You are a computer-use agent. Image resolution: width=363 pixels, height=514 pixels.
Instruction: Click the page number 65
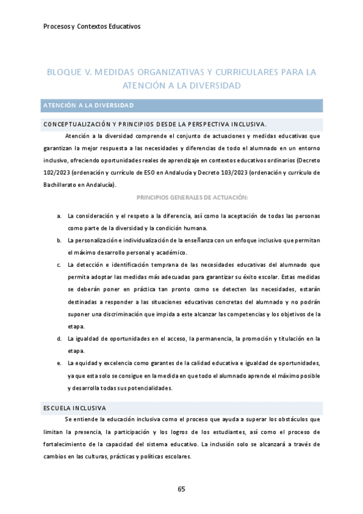click(181, 489)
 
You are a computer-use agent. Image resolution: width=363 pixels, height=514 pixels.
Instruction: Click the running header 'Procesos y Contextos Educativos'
click(92, 26)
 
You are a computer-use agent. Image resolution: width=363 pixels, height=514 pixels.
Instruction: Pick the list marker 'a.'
click(58, 216)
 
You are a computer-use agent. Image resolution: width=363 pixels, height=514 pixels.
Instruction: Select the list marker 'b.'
click(58, 241)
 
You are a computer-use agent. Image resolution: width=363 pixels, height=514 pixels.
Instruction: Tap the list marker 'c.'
click(58, 265)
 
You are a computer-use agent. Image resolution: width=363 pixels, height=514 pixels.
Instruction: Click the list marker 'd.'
click(58, 338)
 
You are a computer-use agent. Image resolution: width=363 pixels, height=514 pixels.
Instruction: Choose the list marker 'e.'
click(58, 363)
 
